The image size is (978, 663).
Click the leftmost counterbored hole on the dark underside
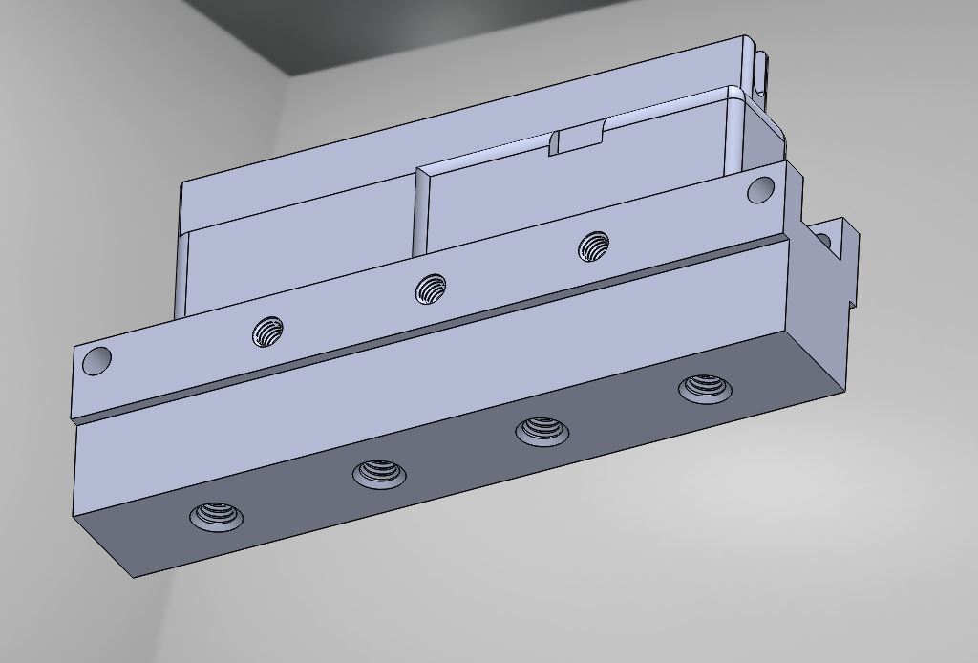(216, 517)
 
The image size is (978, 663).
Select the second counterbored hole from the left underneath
(379, 473)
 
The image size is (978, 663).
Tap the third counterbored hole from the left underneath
(542, 431)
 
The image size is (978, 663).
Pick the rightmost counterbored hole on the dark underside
(705, 389)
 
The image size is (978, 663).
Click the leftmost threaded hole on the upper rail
(268, 332)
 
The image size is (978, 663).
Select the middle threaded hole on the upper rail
(431, 288)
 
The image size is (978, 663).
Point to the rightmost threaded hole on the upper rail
(594, 246)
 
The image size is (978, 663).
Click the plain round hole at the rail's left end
(97, 361)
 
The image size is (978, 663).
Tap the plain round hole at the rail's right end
(760, 189)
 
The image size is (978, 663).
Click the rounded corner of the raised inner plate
(733, 93)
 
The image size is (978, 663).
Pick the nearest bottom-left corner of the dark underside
(132, 576)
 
